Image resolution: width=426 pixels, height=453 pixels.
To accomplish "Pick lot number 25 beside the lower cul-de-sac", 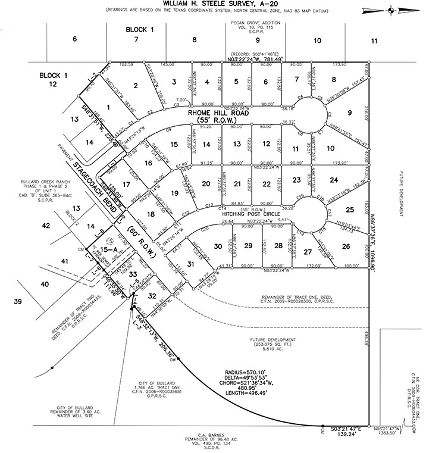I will (x=350, y=209).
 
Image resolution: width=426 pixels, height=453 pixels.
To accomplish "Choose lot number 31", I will (x=190, y=264).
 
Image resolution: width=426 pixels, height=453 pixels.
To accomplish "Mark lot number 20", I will (x=206, y=184).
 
